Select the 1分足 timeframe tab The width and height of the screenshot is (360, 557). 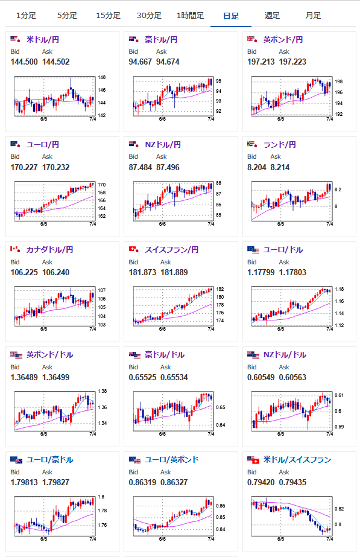point(26,15)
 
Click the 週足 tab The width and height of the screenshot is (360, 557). point(272,15)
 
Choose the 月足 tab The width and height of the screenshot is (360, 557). point(313,15)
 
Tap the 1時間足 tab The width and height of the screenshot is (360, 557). point(191,15)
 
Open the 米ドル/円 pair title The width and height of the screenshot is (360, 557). point(43,39)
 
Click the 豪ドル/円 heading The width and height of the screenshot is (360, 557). point(161,39)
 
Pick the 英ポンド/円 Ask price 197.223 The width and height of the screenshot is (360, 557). point(292,62)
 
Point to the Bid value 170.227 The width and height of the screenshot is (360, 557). point(24,167)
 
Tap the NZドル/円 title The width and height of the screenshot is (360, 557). point(163,145)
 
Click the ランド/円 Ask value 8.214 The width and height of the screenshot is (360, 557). point(280,167)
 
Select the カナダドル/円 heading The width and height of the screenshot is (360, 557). point(49,250)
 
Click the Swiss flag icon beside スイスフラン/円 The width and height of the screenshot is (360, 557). point(133,249)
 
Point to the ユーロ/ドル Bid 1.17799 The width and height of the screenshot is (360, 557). point(261,272)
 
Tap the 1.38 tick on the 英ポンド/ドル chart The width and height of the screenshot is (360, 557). point(103,391)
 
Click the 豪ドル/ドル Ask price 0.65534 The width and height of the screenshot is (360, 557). point(174,377)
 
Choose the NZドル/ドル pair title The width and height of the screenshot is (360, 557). point(285,354)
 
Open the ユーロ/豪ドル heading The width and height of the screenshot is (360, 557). point(49,460)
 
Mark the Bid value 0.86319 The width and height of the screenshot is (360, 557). point(142,482)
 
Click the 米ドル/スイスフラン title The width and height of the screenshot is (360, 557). point(297,460)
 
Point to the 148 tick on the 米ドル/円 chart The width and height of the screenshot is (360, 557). point(102,77)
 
